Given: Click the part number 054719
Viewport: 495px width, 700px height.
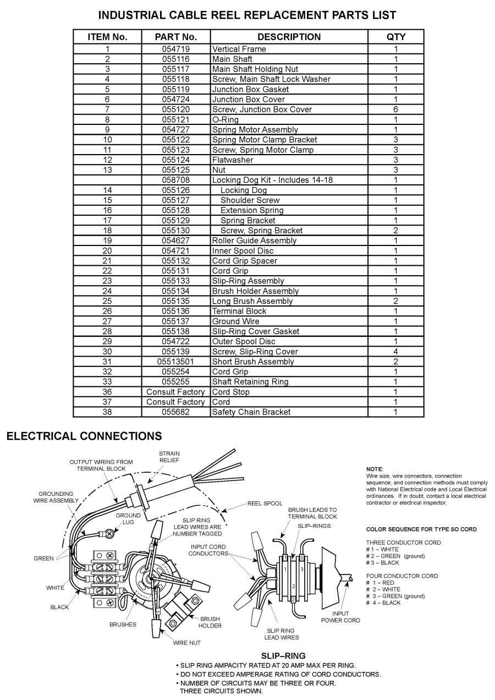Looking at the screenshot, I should pos(175,49).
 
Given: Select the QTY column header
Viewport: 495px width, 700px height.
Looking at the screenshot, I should pos(396,37).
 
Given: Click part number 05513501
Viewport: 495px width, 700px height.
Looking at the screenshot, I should pos(175,362).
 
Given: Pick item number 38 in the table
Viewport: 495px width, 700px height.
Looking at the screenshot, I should pos(107,412).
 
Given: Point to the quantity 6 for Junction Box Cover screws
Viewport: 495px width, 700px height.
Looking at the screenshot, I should pos(395,110).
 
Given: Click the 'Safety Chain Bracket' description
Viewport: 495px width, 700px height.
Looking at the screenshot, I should pos(251,412).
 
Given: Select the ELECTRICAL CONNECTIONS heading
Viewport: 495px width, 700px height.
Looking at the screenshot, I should pos(84,436).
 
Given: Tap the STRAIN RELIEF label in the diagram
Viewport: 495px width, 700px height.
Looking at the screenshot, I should pos(169,457).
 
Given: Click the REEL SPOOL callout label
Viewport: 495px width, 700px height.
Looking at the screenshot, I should pos(265,503).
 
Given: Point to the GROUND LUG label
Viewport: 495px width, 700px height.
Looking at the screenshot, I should pos(128,519).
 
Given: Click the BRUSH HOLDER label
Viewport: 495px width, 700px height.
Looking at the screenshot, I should pos(210,622).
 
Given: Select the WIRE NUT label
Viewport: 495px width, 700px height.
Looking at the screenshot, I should pos(187,642).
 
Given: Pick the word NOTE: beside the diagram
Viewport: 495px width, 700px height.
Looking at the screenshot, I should pos(375,468).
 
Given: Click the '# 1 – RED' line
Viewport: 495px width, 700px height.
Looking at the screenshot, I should pos(380,583).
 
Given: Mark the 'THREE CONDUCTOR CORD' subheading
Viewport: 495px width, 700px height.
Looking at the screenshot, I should pos(395,543).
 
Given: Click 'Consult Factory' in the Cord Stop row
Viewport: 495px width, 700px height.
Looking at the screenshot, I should pos(175,392).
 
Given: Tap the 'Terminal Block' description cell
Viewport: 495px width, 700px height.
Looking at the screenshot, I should pos(239,311).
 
